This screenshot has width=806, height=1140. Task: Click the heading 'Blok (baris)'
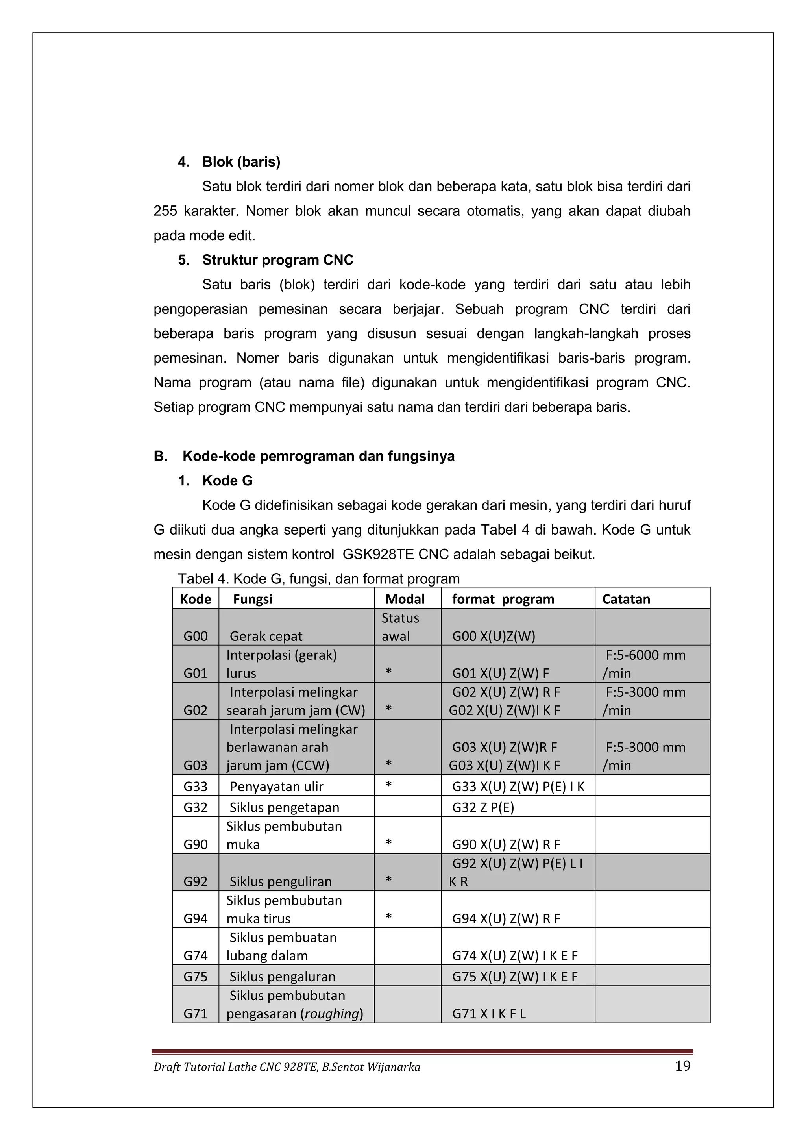[241, 162]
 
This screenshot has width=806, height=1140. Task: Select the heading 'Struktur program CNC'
[277, 260]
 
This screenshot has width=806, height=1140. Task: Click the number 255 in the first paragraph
[165, 211]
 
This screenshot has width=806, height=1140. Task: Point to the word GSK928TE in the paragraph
[378, 555]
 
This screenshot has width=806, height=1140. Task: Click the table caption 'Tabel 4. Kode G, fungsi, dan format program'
[319, 579]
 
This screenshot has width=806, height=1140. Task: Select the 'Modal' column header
[405, 599]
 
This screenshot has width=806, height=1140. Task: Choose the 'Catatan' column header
[626, 599]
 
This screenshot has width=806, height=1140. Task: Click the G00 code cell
[196, 637]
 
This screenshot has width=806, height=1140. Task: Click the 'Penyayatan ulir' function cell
[276, 787]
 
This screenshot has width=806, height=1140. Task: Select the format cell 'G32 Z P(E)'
[483, 807]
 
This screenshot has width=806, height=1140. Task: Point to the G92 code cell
[196, 882]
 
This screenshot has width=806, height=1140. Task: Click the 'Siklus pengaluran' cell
[283, 977]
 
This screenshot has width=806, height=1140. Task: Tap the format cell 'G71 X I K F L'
[488, 1014]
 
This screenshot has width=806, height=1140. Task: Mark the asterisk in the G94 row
[388, 916]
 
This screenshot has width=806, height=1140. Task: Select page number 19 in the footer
[682, 1066]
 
